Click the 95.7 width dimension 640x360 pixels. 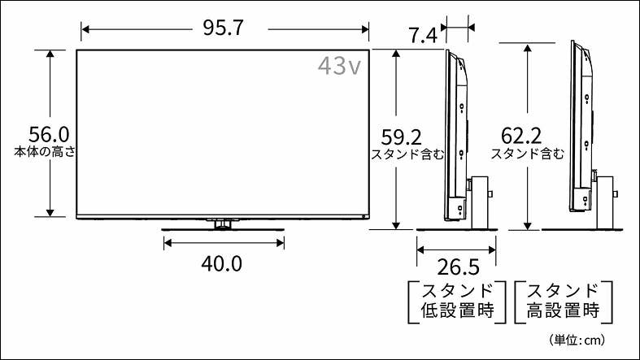tap(224, 28)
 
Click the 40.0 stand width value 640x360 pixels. tap(222, 264)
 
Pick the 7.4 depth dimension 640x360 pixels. tap(423, 35)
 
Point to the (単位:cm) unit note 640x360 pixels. tap(577, 339)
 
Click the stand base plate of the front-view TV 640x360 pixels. tap(223, 232)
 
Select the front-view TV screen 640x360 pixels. tap(224, 134)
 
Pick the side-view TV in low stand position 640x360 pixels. tap(455, 134)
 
